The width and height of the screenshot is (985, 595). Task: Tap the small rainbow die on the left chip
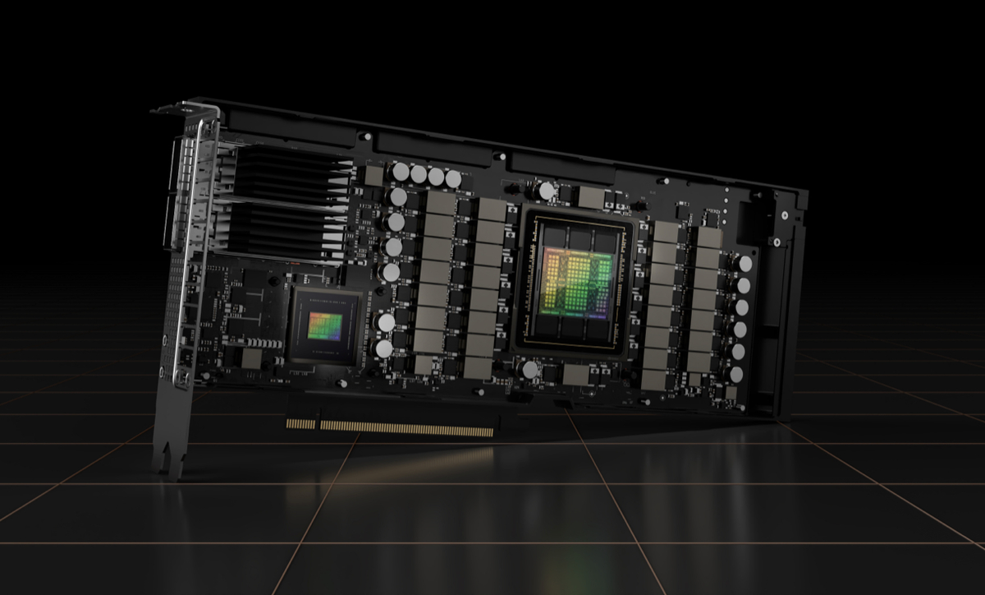(x=327, y=324)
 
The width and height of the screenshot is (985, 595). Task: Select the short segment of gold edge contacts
(x=301, y=425)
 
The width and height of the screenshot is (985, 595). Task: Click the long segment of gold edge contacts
(x=407, y=427)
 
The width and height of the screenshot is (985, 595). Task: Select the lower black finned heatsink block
(x=282, y=226)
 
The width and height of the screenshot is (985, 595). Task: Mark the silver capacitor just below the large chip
(x=531, y=371)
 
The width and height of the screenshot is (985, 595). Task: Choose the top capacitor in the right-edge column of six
(x=746, y=264)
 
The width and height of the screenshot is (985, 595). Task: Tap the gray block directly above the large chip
(x=591, y=196)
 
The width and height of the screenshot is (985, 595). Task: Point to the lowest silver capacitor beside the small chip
(x=383, y=348)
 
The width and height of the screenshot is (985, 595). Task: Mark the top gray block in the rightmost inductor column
(x=709, y=238)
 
